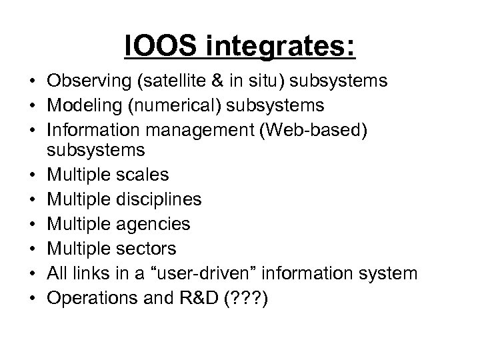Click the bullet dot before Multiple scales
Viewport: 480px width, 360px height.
click(32, 175)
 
